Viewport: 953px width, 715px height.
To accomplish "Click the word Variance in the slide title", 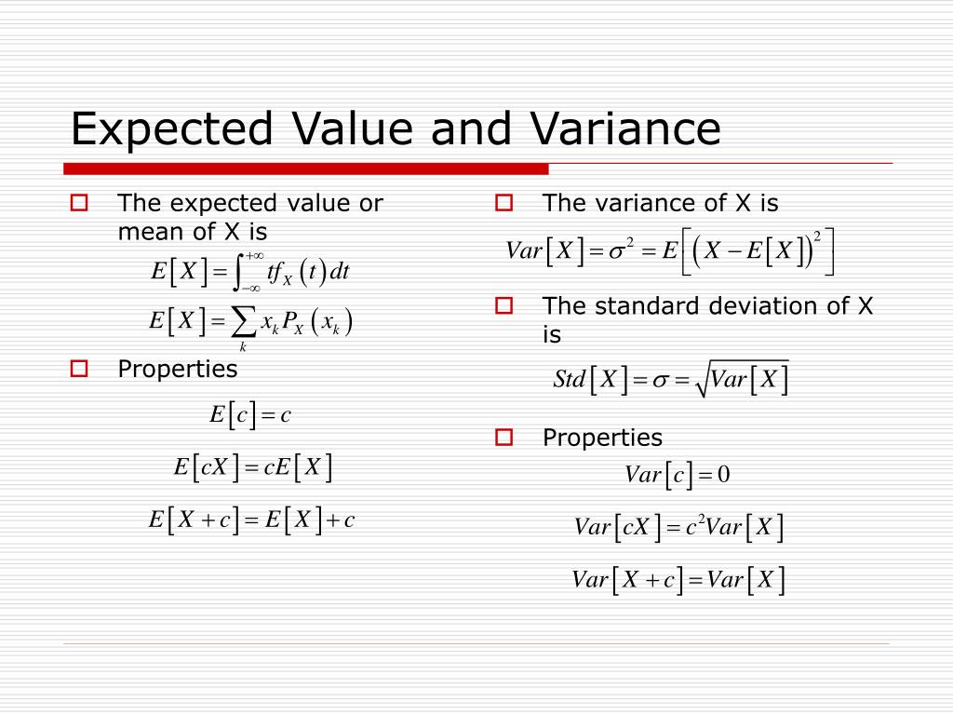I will pyautogui.click(x=625, y=128).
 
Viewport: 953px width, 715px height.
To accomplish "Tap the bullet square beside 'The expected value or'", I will pyautogui.click(x=79, y=203).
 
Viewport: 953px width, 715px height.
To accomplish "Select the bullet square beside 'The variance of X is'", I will pyautogui.click(x=504, y=203).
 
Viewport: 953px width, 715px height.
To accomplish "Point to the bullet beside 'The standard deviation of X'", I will pyautogui.click(x=504, y=305).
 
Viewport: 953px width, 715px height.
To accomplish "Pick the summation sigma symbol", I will pyautogui.click(x=243, y=322).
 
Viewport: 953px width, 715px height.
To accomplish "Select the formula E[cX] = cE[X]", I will pyautogui.click(x=253, y=466).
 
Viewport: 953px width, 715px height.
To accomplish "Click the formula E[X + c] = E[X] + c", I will pyautogui.click(x=252, y=519).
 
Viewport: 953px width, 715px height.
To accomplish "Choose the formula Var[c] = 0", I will pyautogui.click(x=678, y=476).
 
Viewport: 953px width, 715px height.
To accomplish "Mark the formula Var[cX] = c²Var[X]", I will pyautogui.click(x=678, y=528).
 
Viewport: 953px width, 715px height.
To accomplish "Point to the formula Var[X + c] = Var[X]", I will pyautogui.click(x=678, y=580).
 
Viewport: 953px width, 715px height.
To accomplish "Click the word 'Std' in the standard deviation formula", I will pyautogui.click(x=569, y=380).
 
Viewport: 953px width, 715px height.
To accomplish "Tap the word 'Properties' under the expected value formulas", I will pyautogui.click(x=178, y=370).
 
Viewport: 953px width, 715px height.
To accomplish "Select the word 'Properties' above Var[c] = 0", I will pyautogui.click(x=602, y=438).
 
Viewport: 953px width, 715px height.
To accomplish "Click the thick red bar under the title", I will pyautogui.click(x=306, y=169).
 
